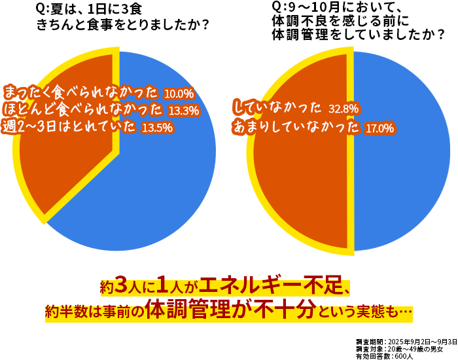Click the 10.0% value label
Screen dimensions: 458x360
[x=179, y=94]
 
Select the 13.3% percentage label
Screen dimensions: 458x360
[x=184, y=111]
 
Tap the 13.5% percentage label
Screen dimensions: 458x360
[x=157, y=128]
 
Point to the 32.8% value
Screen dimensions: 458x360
[x=343, y=109]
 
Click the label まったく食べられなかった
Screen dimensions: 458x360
[x=81, y=93]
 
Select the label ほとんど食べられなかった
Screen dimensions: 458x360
[x=83, y=109]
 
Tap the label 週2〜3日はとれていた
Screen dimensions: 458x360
[x=69, y=126]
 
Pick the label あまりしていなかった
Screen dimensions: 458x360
[x=296, y=127]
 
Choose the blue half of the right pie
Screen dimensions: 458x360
[x=402, y=151]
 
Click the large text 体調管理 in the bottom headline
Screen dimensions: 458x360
[x=188, y=310]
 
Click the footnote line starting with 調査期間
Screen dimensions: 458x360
[x=406, y=342]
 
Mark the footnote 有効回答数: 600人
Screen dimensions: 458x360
[x=385, y=357]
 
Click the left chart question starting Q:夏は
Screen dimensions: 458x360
[x=123, y=17]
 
